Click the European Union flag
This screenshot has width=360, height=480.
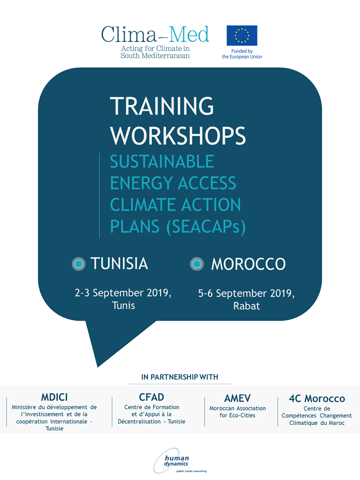242,35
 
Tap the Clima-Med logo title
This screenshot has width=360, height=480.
155,34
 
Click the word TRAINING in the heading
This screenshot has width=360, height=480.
162,106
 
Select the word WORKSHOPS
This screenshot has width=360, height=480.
178,135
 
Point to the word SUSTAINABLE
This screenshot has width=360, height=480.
162,161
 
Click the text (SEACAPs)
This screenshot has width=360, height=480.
206,227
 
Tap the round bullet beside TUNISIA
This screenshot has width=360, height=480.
78,263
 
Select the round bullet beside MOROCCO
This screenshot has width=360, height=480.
197,263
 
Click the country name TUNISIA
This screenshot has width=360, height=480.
119,263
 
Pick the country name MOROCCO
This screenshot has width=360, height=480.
248,264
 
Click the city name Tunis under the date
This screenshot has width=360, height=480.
123,305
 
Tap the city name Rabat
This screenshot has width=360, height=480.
246,306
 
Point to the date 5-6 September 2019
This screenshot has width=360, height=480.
246,293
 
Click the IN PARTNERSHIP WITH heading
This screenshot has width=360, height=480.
179,377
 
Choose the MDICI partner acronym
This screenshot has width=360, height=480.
54,397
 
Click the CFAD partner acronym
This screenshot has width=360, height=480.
151,397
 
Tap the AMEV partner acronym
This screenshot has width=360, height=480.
237,398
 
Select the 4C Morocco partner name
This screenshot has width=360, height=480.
317,398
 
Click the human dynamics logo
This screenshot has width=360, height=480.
180,460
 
